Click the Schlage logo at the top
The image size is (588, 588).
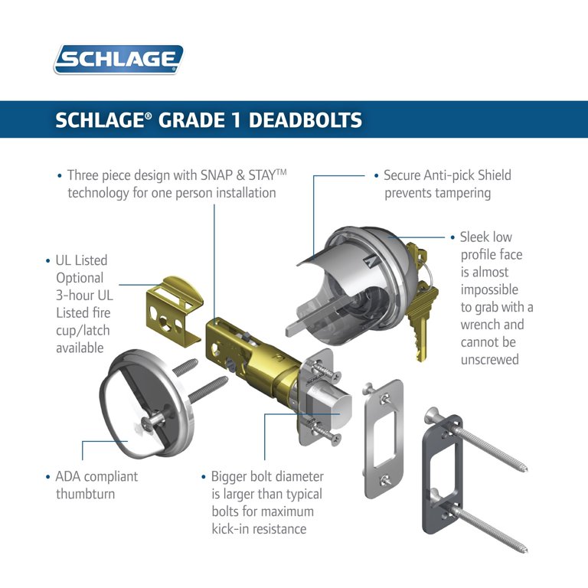119,59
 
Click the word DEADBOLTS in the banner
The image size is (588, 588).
305,120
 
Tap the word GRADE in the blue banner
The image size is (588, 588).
191,120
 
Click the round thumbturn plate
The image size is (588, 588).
147,404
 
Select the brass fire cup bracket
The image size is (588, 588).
174,311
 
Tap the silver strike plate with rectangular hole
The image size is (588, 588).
383,439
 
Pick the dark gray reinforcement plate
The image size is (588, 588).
443,474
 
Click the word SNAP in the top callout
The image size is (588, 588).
217,175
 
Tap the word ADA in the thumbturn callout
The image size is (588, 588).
67,477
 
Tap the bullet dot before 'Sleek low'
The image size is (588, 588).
452,237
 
